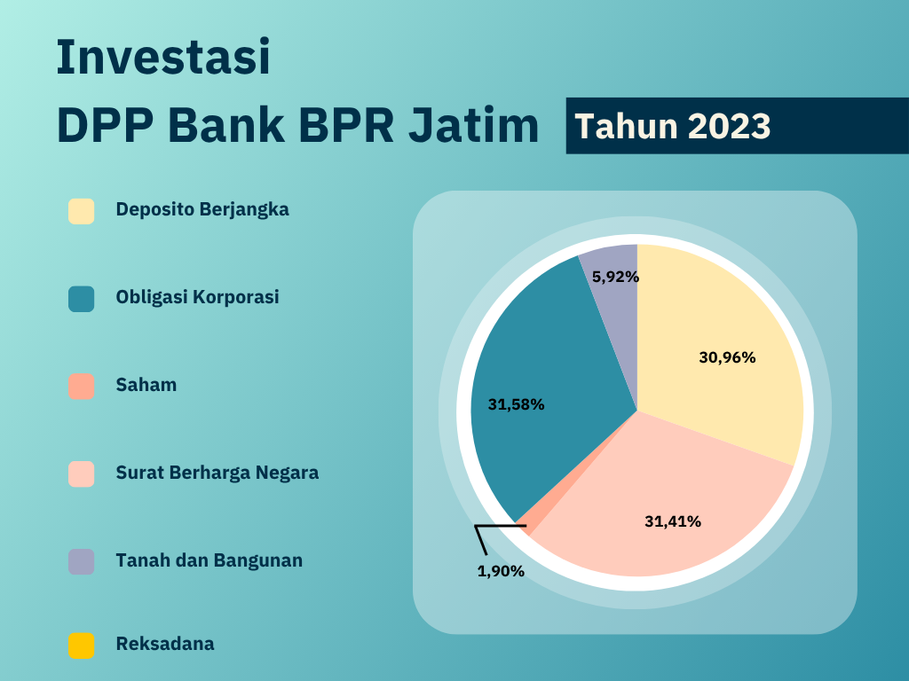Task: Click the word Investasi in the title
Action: pyautogui.click(x=162, y=57)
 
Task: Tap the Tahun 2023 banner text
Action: pyautogui.click(x=672, y=126)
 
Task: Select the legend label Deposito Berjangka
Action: pyautogui.click(x=202, y=210)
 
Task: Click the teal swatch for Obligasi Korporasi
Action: pyautogui.click(x=81, y=299)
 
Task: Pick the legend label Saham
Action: pyautogui.click(x=146, y=385)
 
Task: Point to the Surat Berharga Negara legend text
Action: pyautogui.click(x=217, y=473)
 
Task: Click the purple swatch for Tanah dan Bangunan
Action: pyautogui.click(x=81, y=561)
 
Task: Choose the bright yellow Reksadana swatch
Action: pyautogui.click(x=81, y=646)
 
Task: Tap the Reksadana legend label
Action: pyautogui.click(x=164, y=644)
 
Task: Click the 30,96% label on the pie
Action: pyautogui.click(x=727, y=358)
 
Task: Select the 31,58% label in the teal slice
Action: pyautogui.click(x=516, y=404)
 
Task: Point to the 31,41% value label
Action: pyautogui.click(x=672, y=521)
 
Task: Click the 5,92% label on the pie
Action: pyautogui.click(x=615, y=277)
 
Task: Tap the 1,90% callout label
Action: pyautogui.click(x=501, y=571)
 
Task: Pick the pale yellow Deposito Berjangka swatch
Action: pyautogui.click(x=81, y=212)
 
